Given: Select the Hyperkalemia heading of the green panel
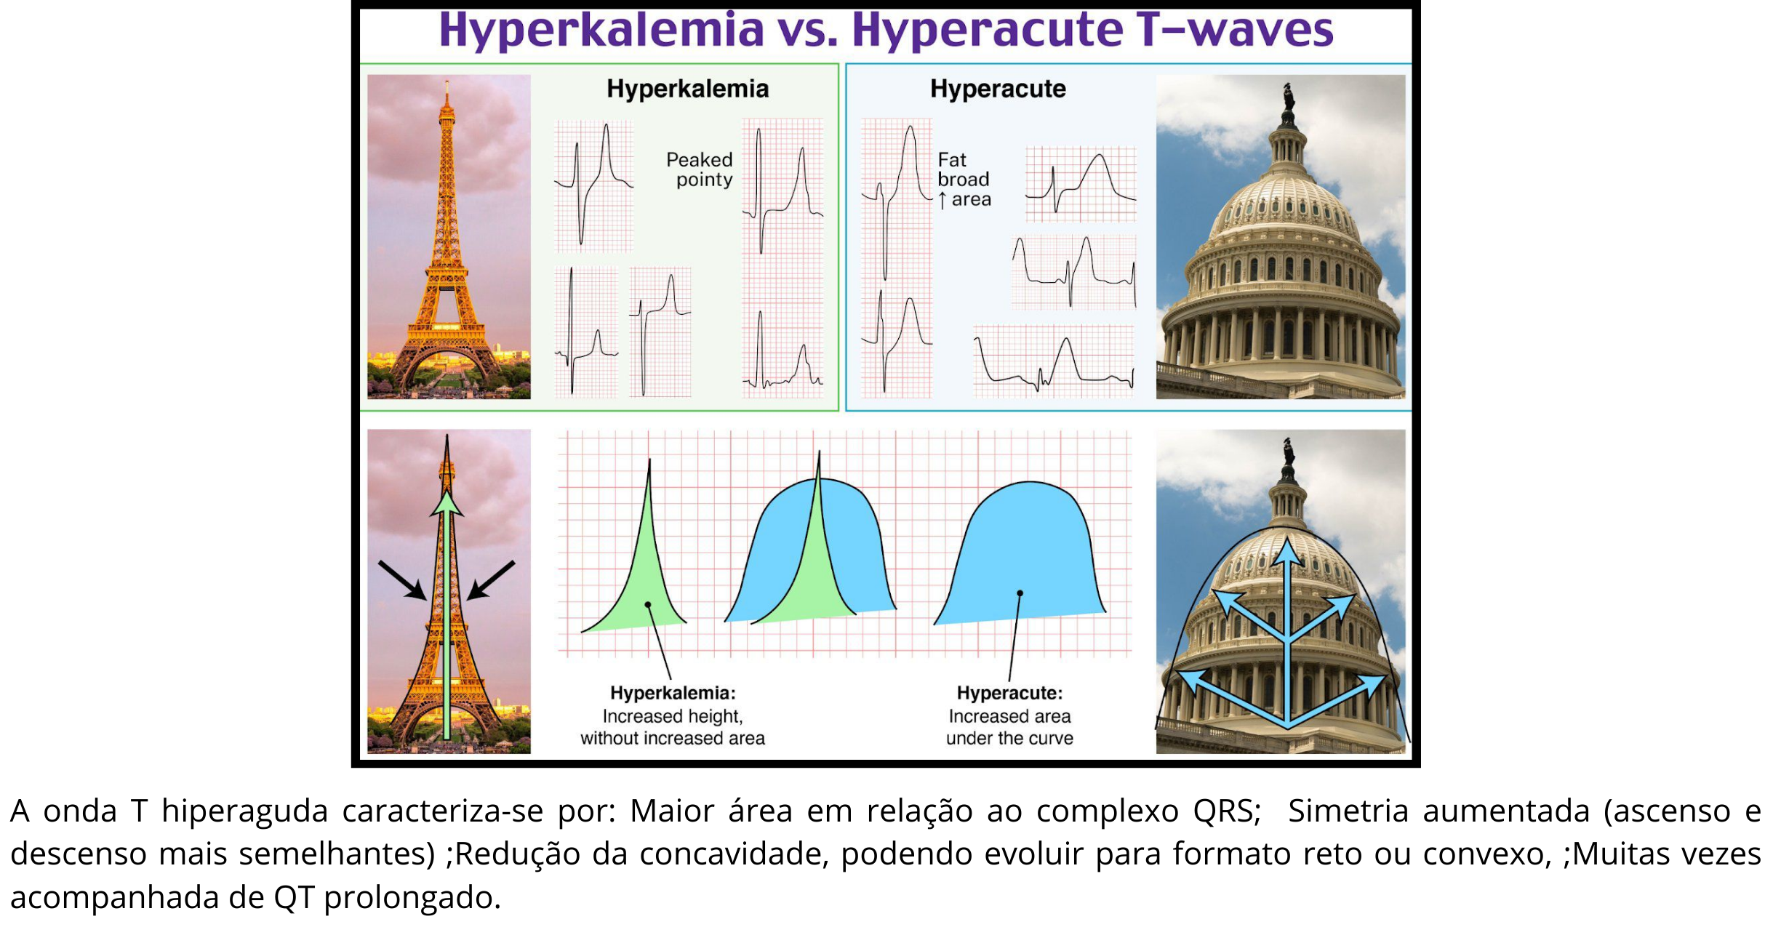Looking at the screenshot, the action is point(688,89).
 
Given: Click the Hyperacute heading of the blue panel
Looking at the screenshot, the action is point(998,89).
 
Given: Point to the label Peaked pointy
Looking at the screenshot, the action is point(700,169).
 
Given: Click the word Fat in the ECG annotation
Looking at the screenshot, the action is point(952,159).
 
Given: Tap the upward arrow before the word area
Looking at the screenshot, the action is point(942,200).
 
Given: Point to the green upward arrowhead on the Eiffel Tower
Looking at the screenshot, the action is point(447,505).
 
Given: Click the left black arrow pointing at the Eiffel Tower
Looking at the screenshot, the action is point(402,580).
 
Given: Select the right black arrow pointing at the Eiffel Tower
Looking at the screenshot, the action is point(491,580).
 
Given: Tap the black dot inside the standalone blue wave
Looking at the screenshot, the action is point(1020,593).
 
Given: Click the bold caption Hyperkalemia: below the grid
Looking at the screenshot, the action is point(673,693).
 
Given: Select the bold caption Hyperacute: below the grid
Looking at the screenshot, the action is point(1009,693).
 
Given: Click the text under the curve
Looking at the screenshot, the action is point(1009,738).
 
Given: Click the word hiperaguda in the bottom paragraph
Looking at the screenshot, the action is point(244,811).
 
